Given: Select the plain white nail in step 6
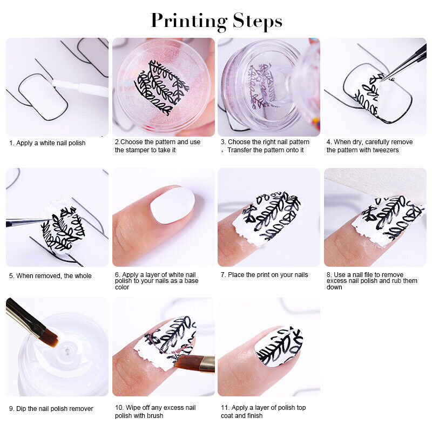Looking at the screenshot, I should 172,205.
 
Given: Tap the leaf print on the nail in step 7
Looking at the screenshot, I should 270,216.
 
